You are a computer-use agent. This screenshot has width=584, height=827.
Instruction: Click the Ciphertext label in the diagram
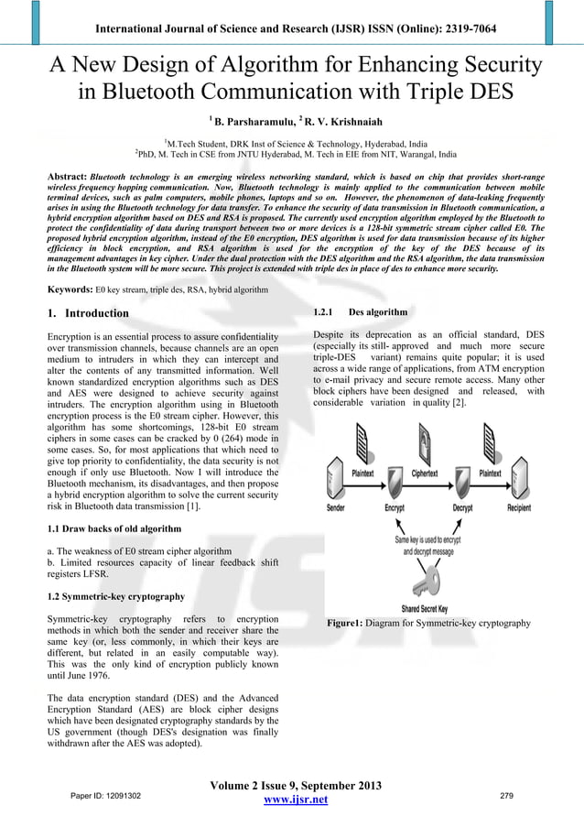pyautogui.click(x=425, y=473)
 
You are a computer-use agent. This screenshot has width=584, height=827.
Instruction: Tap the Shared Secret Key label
pyautogui.click(x=424, y=609)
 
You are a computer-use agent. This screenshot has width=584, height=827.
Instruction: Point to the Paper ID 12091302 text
pyautogui.click(x=100, y=796)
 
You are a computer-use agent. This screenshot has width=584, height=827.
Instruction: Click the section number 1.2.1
pyautogui.click(x=324, y=312)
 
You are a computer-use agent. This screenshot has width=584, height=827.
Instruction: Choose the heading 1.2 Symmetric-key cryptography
pyautogui.click(x=114, y=596)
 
